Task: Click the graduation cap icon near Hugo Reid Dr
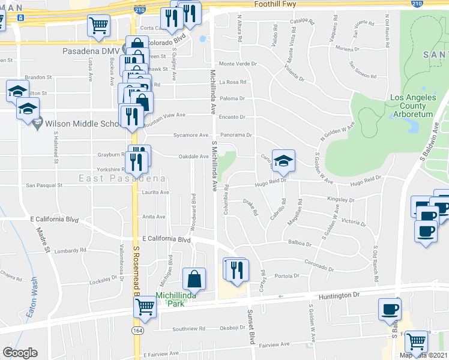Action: pyautogui.click(x=283, y=161)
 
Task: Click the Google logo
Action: pyautogui.click(x=20, y=353)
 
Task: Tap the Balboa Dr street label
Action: pyautogui.click(x=300, y=244)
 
